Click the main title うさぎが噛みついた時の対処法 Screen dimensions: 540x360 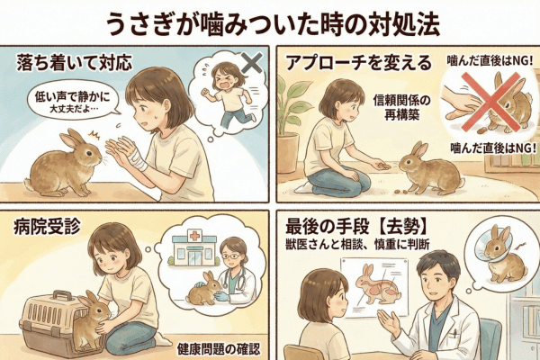pyautogui.click(x=273, y=24)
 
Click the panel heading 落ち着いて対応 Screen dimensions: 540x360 pyautogui.click(x=75, y=63)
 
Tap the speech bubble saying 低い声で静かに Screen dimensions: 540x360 pyautogui.click(x=72, y=101)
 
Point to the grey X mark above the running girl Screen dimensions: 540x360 pyautogui.click(x=252, y=63)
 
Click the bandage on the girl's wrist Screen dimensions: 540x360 pyautogui.click(x=139, y=159)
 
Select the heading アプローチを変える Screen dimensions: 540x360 pyautogui.click(x=358, y=63)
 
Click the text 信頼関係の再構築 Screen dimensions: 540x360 pyautogui.click(x=402, y=108)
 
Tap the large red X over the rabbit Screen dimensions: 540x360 pyautogui.click(x=490, y=102)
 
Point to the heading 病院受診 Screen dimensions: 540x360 pyautogui.click(x=47, y=227)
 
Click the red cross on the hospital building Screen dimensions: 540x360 pyautogui.click(x=194, y=237)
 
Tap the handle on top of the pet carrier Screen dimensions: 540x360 pyautogui.click(x=62, y=295)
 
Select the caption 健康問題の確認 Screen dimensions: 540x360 pyautogui.click(x=219, y=349)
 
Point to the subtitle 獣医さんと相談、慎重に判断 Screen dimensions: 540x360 pyautogui.click(x=357, y=245)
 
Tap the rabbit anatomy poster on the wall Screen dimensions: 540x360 pyautogui.click(x=374, y=286)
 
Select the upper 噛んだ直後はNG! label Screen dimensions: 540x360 pyautogui.click(x=490, y=61)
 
